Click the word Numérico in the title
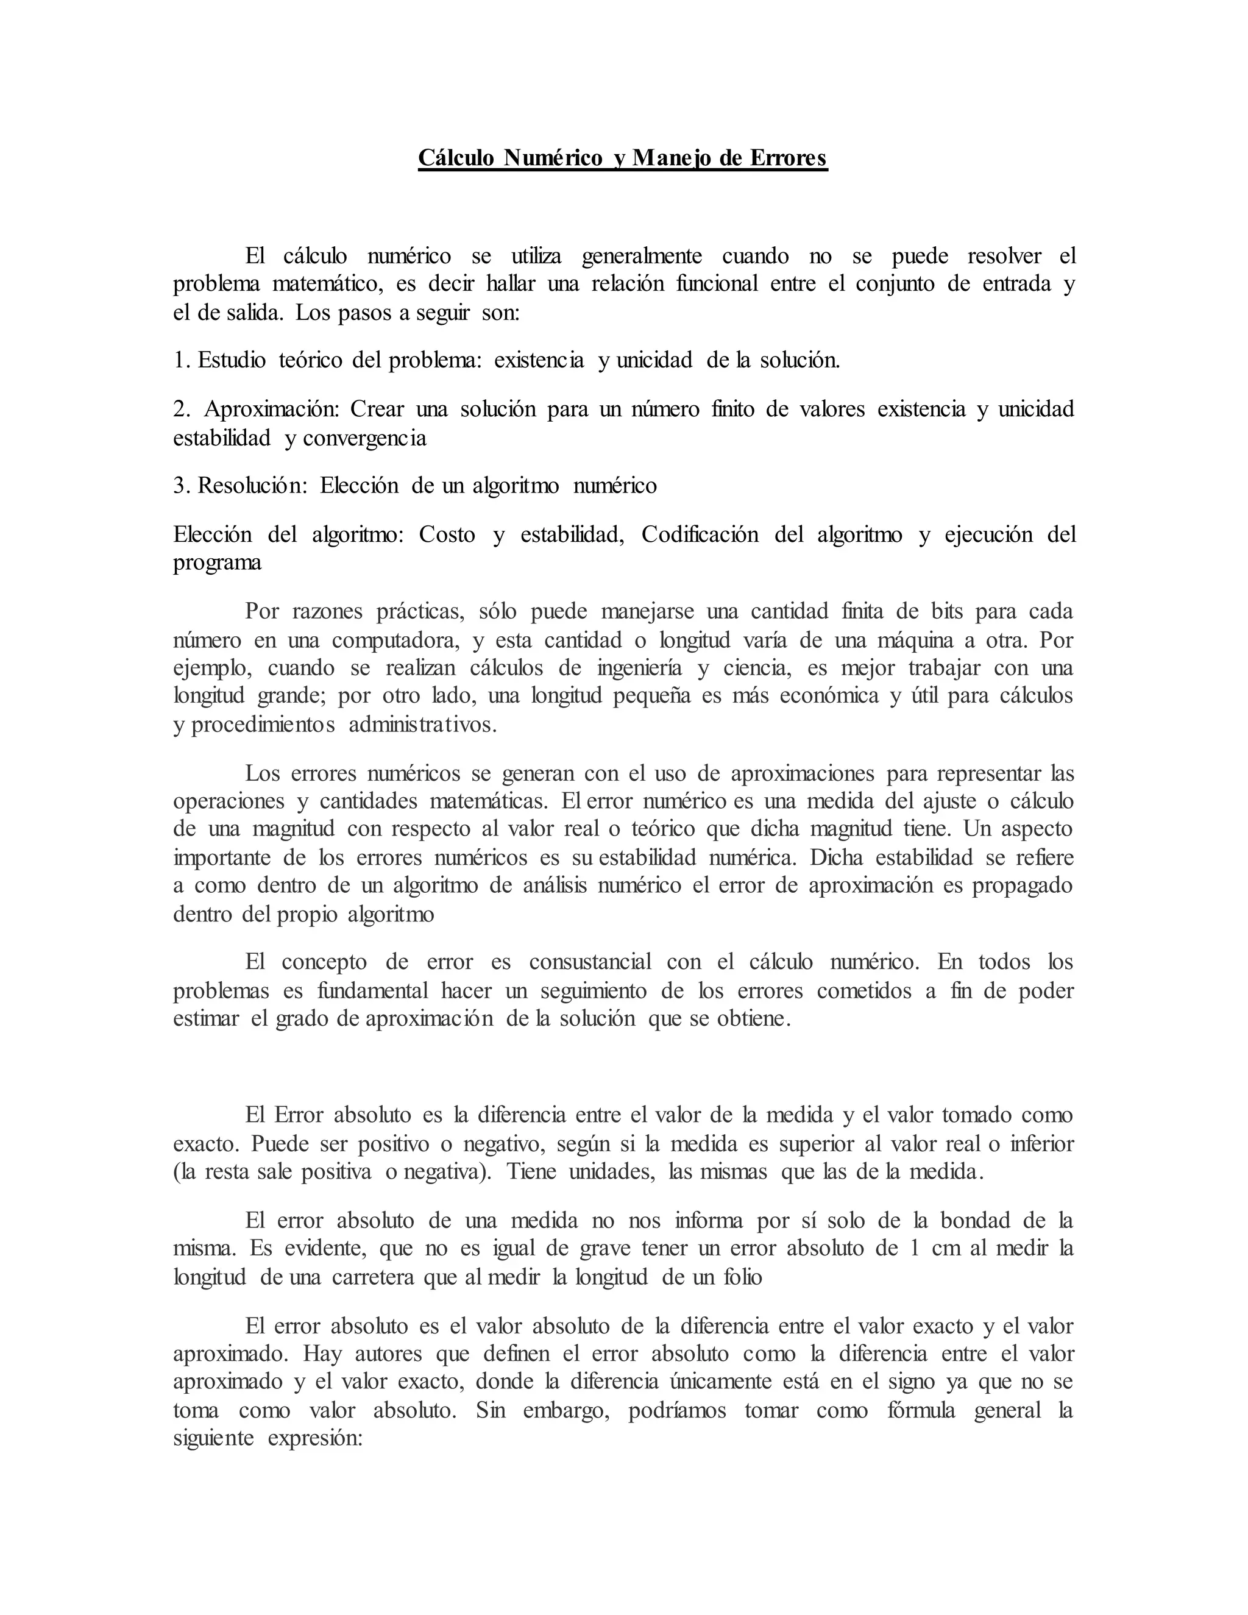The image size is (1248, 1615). [552, 158]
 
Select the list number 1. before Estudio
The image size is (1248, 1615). [182, 360]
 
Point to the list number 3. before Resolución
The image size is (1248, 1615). [182, 485]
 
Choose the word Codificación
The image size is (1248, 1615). [700, 534]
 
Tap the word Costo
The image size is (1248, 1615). [447, 534]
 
